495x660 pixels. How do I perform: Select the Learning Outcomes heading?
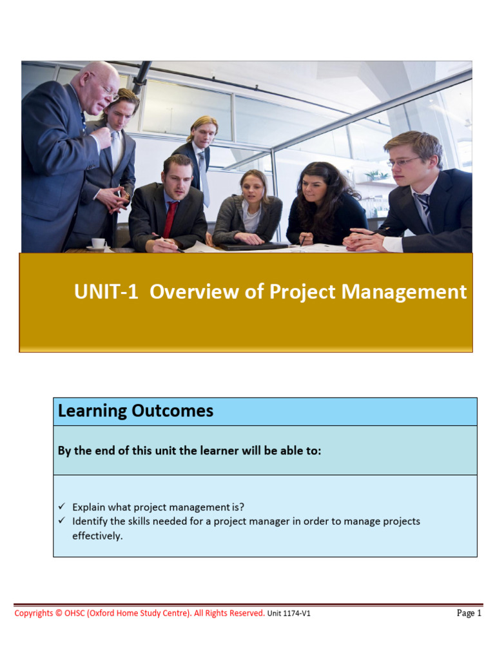[x=135, y=411]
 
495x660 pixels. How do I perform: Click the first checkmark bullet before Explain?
[x=62, y=507]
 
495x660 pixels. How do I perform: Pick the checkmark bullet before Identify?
[x=62, y=520]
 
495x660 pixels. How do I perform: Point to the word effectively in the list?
[x=97, y=535]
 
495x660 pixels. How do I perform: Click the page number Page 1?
[x=469, y=613]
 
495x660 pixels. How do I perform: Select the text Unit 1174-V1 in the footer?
[x=289, y=614]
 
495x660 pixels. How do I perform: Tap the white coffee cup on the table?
[x=98, y=243]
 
